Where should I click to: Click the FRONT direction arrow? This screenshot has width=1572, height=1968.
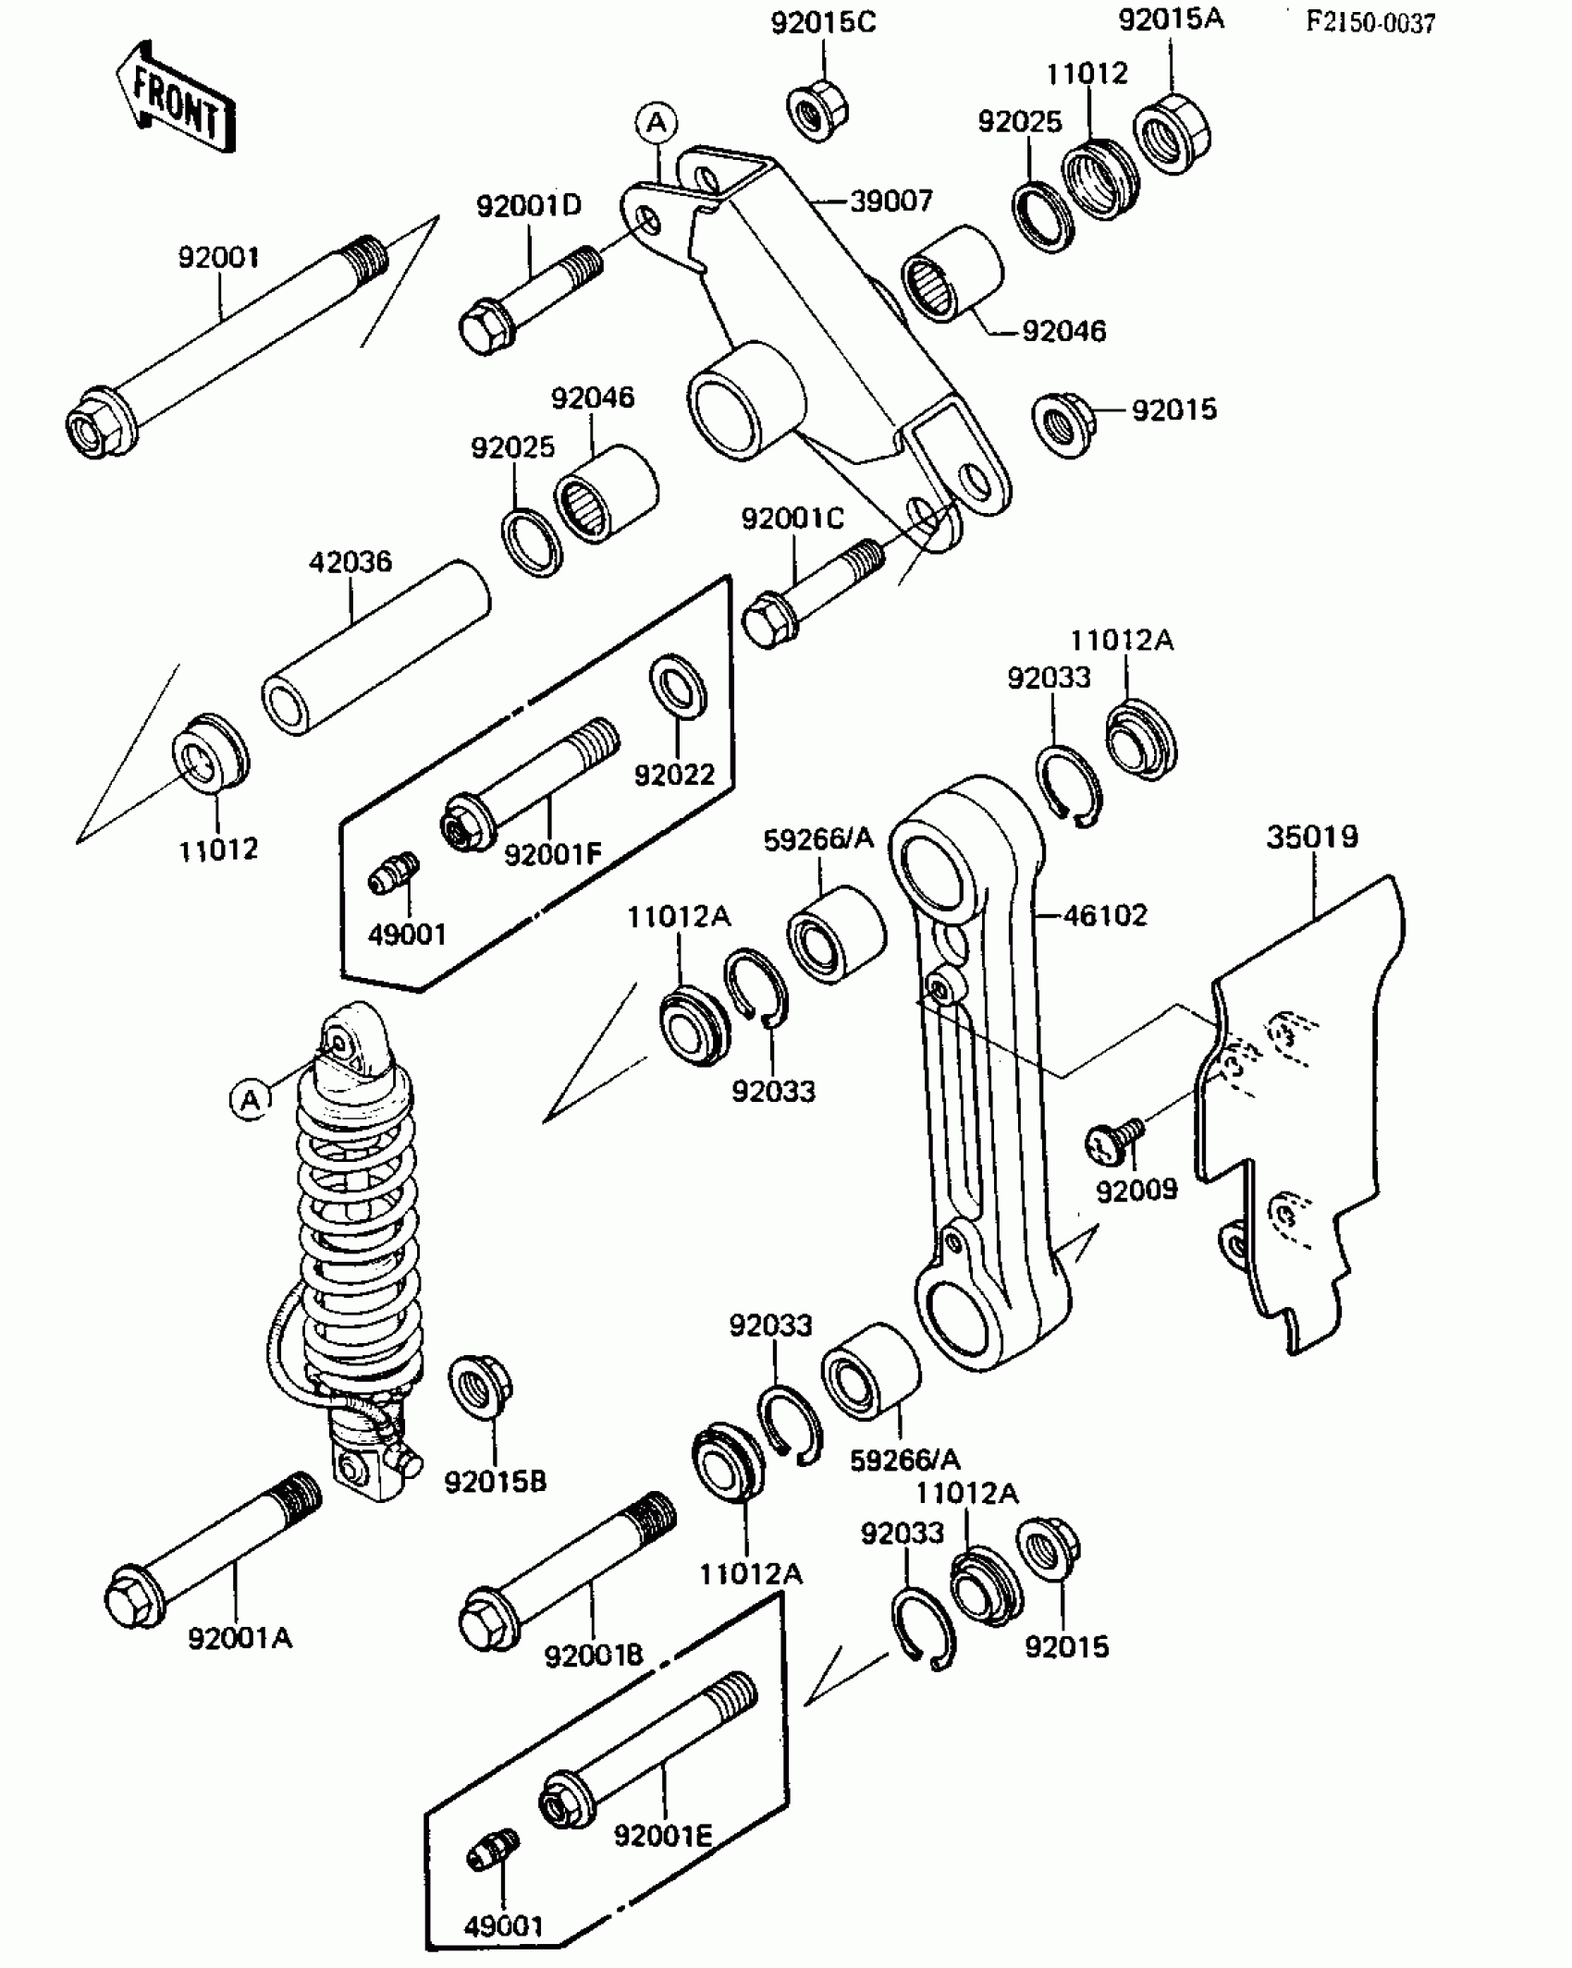[176, 98]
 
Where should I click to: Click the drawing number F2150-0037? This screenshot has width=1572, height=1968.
[1369, 23]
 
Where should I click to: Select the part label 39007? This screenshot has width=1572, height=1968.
[890, 201]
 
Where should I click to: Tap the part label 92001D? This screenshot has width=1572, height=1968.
[529, 205]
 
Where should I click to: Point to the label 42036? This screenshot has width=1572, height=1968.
[350, 561]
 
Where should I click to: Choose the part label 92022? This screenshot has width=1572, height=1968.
[675, 774]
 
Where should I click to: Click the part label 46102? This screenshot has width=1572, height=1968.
[1105, 915]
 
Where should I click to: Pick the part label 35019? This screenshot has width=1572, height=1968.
[1312, 837]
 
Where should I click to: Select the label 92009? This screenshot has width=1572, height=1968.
[1136, 1190]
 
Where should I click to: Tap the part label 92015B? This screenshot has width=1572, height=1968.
[496, 1482]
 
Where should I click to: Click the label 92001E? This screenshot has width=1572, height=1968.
[663, 1835]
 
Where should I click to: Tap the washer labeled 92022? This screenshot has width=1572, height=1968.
[679, 687]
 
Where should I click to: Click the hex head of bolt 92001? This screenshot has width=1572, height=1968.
[95, 427]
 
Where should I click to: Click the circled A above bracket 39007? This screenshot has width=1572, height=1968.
[657, 122]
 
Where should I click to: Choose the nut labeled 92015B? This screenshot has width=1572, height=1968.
[480, 1387]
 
